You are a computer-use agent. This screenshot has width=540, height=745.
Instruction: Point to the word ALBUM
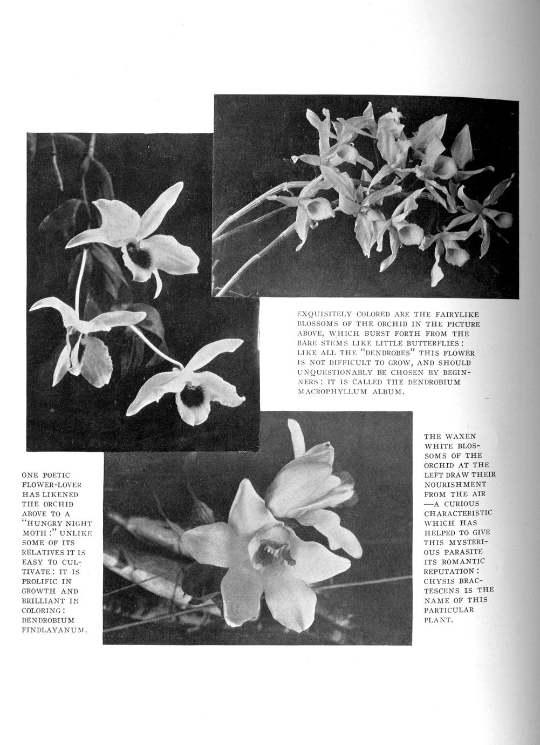(x=385, y=392)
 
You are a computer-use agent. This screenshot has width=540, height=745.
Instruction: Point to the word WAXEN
(x=459, y=436)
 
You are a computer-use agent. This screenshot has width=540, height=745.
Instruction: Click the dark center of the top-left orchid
(x=139, y=256)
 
